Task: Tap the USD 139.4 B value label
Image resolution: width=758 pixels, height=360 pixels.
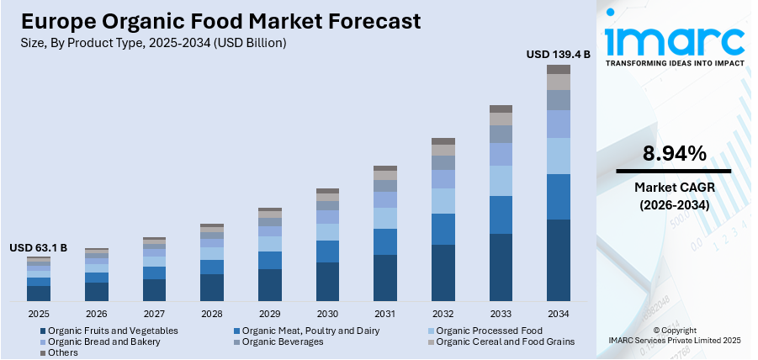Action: point(558,54)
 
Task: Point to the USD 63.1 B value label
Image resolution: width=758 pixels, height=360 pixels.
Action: point(38,248)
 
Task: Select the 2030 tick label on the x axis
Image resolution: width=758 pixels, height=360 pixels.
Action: point(327,313)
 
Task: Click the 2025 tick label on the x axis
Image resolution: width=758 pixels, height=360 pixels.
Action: point(39,313)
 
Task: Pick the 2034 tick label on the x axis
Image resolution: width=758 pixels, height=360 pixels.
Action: point(559,313)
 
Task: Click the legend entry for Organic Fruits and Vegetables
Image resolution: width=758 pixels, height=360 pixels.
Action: point(112,331)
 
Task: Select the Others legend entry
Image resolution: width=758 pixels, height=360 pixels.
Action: point(62,352)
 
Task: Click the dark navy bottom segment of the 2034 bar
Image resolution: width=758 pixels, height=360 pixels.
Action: point(559,260)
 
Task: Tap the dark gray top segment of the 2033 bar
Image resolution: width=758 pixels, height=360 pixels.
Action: point(501,109)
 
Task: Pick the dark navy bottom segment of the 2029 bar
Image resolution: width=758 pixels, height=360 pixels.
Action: point(270,285)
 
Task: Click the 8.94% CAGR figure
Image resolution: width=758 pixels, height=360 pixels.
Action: point(674,153)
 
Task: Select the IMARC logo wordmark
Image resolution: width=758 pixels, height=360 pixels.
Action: point(674,40)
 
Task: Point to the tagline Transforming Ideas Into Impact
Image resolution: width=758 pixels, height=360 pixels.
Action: point(674,63)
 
